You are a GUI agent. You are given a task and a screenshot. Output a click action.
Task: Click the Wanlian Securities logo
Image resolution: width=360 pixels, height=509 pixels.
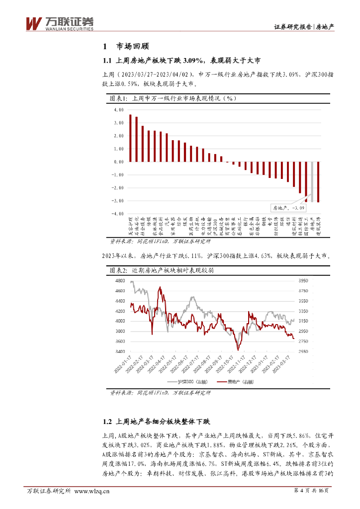pos(59,23)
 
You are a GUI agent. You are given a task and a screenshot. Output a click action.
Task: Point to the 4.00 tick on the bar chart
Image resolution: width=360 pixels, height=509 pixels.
pos(118,110)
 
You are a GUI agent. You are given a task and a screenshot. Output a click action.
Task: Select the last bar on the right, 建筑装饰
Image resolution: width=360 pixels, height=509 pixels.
pos(318,181)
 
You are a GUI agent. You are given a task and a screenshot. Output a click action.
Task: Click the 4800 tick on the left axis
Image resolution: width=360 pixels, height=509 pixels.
pos(119,281)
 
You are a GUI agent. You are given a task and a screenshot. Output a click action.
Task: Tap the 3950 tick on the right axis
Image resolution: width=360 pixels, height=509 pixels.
pos(303,281)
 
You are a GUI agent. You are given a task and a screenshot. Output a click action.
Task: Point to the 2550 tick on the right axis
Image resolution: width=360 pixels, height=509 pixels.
pos(303,351)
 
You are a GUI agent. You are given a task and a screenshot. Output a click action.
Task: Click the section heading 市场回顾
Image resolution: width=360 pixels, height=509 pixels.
pos(132,47)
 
